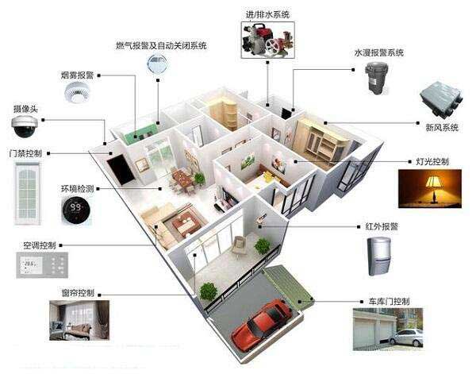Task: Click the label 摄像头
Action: point(25,109)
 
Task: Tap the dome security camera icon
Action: point(25,126)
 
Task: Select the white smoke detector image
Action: point(78,92)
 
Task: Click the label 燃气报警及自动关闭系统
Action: point(161,45)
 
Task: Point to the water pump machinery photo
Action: point(268,40)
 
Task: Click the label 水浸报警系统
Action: point(379,52)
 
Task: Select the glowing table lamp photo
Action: point(430,189)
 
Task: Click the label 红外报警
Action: point(382,226)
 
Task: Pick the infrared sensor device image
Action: point(379,256)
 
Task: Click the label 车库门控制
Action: point(390,302)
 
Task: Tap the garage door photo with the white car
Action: point(388,330)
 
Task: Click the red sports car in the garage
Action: point(262,325)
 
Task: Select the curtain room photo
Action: point(79,320)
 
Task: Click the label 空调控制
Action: point(40,245)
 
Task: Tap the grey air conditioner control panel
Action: point(42,265)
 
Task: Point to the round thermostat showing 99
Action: point(76,210)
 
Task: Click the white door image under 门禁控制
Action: point(28,194)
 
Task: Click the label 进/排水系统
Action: point(267,14)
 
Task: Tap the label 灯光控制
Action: point(432,161)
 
